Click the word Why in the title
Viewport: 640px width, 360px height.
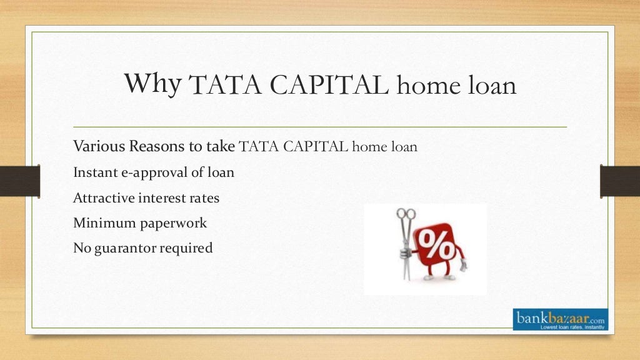coord(152,83)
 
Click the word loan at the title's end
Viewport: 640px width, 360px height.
coord(489,86)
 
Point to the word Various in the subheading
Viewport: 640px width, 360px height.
coord(99,147)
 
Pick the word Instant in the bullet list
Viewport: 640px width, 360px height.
coord(94,172)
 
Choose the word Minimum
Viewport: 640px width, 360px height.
coord(100,223)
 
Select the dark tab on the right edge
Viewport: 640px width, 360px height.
coord(619,181)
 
